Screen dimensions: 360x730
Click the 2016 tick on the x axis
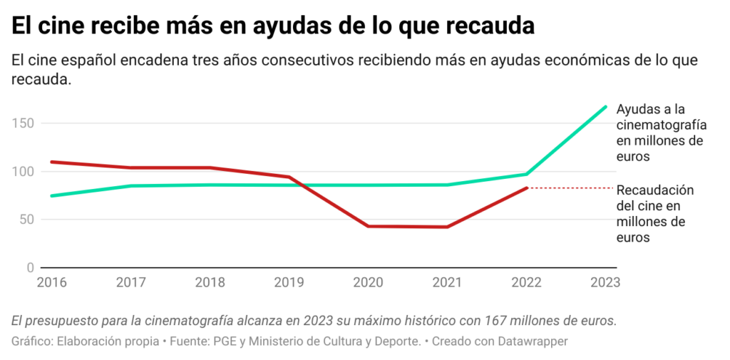tap(51, 282)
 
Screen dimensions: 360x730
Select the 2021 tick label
tap(447, 282)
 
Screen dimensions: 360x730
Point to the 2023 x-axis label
tap(605, 282)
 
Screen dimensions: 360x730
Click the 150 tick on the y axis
tap(24, 123)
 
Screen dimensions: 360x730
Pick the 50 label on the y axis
tap(26, 220)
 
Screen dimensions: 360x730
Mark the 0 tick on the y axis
tap(30, 268)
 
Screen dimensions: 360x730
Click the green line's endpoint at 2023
tap(606, 107)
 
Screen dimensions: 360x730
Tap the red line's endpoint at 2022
tap(527, 187)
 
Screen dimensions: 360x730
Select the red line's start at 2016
tap(52, 162)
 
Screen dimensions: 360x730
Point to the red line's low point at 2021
tap(447, 227)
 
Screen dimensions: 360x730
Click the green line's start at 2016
tap(52, 195)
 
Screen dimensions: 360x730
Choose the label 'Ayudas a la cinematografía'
tap(661, 116)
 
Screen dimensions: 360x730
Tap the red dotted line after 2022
tap(570, 187)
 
